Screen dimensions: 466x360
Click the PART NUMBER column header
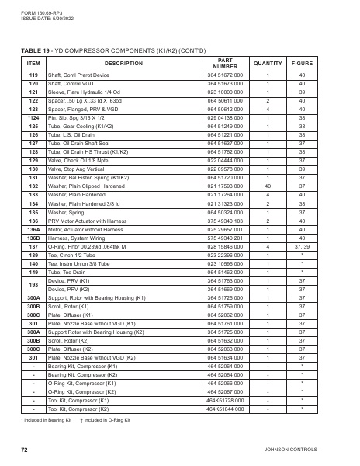pos(225,63)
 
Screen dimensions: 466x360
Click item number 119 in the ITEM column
pos(33,75)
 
